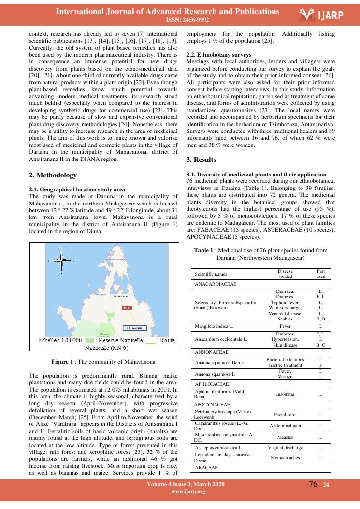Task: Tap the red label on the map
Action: click(126, 307)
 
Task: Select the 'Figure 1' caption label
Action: click(61, 361)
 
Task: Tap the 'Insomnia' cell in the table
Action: click(286, 394)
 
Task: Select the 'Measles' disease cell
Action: click(286, 437)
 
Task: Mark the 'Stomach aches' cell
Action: click(286, 459)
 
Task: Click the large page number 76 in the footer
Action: click(313, 484)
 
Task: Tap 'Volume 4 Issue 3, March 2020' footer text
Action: click(186, 484)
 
